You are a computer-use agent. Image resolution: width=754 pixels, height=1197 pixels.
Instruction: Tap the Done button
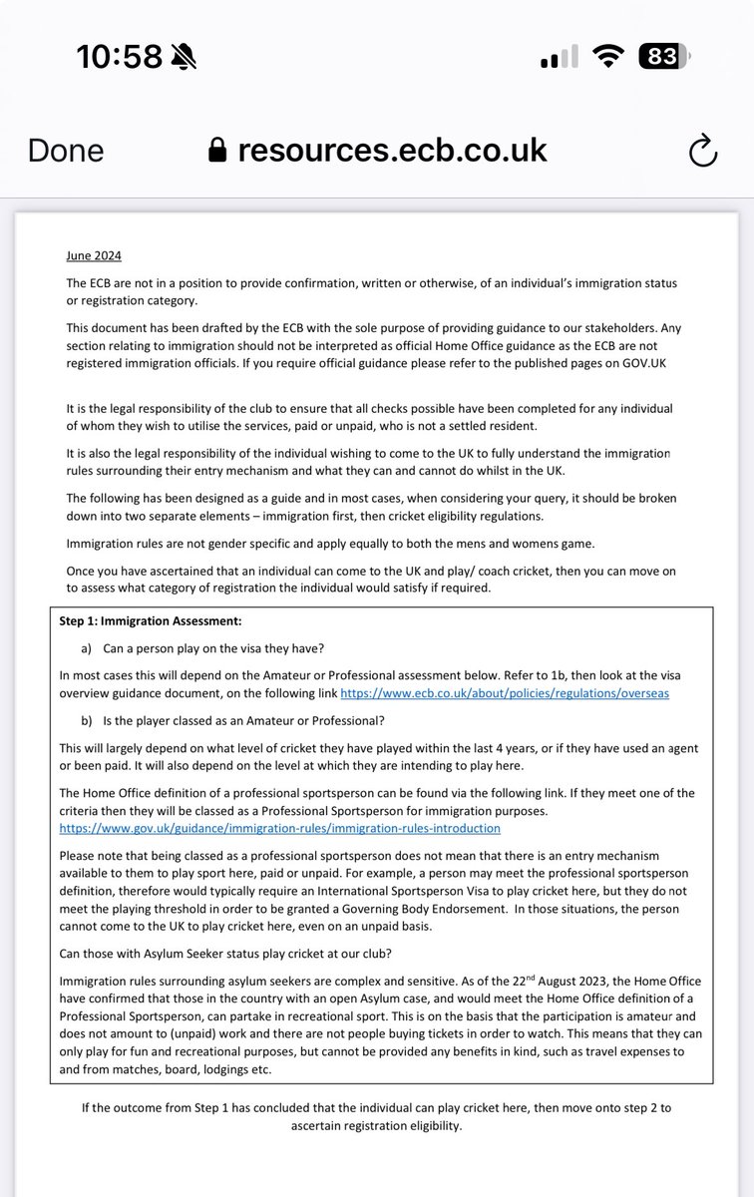(66, 150)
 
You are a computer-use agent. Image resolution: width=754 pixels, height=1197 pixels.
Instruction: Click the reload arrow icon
(702, 151)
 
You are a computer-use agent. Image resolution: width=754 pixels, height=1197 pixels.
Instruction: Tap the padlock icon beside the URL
(217, 150)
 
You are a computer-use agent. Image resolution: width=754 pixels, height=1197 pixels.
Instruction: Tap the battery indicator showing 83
(663, 58)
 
